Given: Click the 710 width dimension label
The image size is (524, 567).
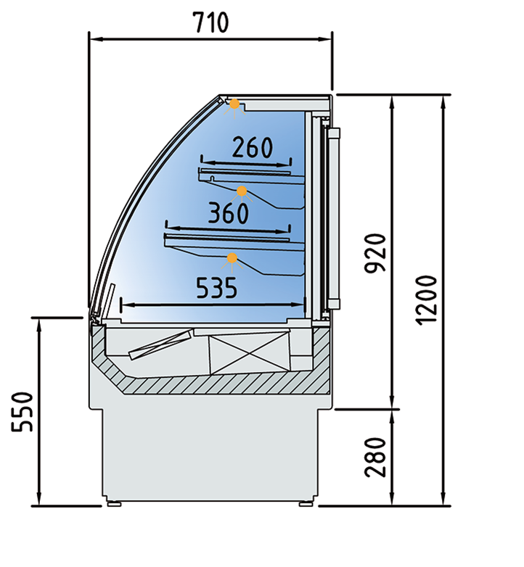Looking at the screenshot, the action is click(211, 22).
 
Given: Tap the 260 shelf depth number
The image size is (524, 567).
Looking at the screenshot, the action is click(253, 147).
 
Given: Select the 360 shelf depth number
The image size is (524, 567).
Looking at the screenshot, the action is click(229, 213).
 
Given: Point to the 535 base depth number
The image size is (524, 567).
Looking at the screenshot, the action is click(217, 288).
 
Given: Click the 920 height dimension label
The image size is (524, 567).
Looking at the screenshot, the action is click(375, 253).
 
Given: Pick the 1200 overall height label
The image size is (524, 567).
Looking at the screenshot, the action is click(427, 300).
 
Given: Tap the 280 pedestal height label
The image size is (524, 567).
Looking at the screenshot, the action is click(375, 457).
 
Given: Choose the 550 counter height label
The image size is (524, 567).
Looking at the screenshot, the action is click(22, 412).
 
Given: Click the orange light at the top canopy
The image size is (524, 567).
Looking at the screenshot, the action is click(234, 104).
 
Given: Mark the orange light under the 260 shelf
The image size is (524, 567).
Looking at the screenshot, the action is click(242, 191).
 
